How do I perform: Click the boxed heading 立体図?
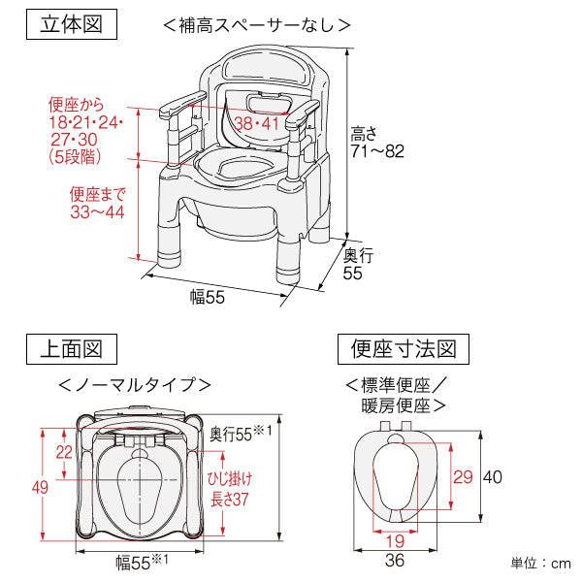click(72, 24)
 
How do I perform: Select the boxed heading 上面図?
click(72, 349)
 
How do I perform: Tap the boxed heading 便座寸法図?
click(404, 349)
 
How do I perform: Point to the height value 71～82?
click(377, 151)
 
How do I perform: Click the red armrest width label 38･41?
click(256, 123)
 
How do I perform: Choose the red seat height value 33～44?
click(97, 211)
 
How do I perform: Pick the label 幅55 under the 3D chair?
click(208, 298)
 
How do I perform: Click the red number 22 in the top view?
click(64, 452)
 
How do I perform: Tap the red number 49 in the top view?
click(40, 487)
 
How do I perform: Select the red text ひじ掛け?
click(230, 478)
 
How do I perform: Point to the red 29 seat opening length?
click(463, 477)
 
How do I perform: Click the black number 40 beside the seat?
click(492, 477)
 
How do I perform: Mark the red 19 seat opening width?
click(395, 541)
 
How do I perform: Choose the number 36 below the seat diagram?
click(395, 560)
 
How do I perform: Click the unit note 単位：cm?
click(541, 564)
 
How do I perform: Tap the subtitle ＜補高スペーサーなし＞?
click(257, 25)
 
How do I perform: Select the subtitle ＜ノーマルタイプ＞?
click(135, 384)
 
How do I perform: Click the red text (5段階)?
click(75, 156)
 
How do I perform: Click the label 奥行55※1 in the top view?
click(241, 434)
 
